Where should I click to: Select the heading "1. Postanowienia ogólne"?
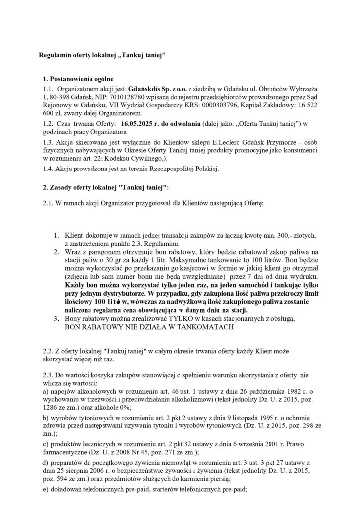(x=79, y=79)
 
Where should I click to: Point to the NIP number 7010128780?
(x=115, y=96)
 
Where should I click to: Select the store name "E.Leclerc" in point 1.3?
(x=205, y=142)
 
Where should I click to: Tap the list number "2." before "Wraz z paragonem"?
(x=57, y=253)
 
